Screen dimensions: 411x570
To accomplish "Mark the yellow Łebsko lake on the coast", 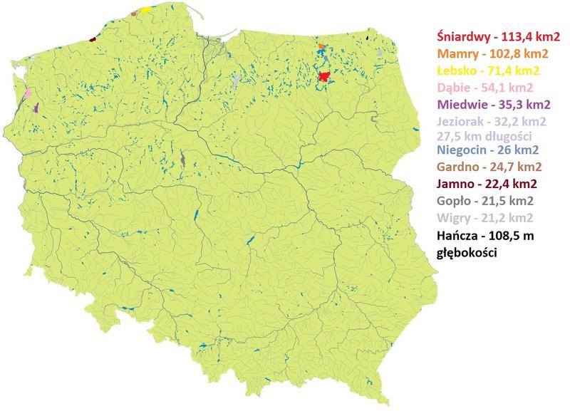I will pos(145,10).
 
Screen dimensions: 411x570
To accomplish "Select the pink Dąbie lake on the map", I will pos(28,93).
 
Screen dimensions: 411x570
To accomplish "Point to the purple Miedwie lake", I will pos(35,107).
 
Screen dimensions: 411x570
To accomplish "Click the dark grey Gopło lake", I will pos(184,160).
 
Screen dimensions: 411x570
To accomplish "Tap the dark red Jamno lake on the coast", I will pos(93,40).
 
